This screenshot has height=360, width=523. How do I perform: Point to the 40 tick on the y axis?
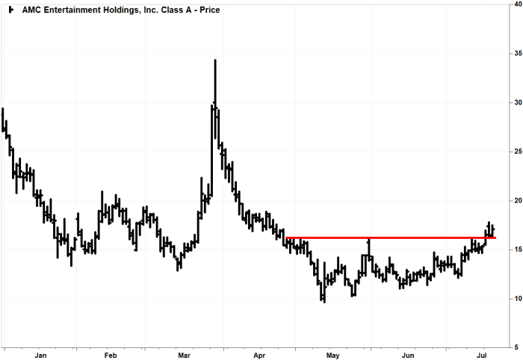516,4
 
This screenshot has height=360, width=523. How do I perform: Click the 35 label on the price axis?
516,54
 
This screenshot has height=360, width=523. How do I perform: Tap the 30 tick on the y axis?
516,102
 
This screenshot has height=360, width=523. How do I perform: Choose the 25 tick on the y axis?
516,152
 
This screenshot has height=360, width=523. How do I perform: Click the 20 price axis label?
516,201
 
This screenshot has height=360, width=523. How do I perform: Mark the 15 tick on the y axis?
516,249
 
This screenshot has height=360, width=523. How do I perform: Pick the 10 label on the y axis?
516,299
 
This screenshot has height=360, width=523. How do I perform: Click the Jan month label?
40,356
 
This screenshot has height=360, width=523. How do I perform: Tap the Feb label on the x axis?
111,356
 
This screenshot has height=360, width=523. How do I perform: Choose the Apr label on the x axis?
259,356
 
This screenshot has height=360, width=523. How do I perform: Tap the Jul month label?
482,356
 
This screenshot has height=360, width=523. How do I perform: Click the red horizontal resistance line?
389,238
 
